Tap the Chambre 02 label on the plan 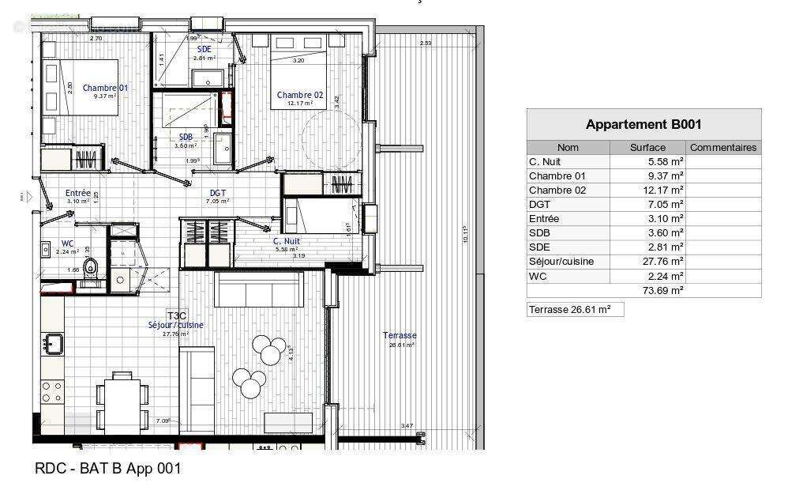click(300, 95)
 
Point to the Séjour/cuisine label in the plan click(175, 325)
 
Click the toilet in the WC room click(92, 266)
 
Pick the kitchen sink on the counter click(54, 344)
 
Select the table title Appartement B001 click(644, 124)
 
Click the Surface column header click(647, 147)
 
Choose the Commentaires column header click(722, 147)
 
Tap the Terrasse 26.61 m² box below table click(575, 310)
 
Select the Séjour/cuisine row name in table click(561, 262)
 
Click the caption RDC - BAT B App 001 click(108, 468)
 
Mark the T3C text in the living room click(176, 315)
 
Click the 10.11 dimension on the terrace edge click(466, 233)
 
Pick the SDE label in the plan click(204, 49)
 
